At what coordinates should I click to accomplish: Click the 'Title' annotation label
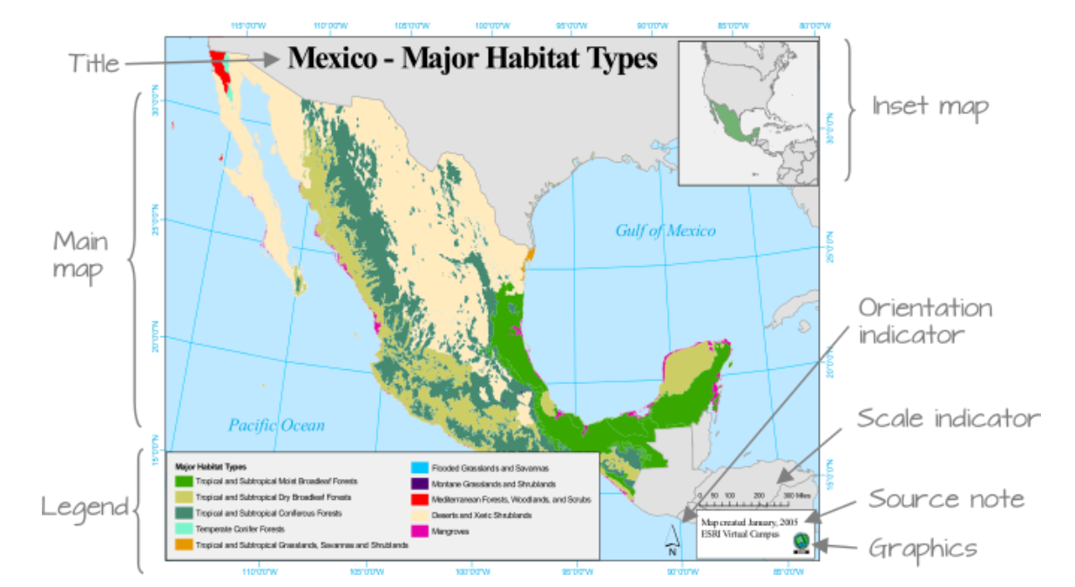(x=94, y=64)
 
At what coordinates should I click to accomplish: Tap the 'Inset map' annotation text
(x=930, y=107)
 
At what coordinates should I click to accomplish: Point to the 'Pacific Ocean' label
(x=276, y=425)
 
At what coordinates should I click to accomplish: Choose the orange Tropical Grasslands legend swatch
(x=184, y=545)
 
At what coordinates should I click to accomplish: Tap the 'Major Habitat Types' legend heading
(x=210, y=468)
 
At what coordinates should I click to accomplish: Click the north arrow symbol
(x=672, y=541)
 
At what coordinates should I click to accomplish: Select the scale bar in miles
(x=749, y=503)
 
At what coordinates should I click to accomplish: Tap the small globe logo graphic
(x=800, y=542)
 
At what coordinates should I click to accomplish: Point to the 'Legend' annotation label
(x=85, y=507)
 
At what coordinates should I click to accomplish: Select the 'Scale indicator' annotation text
(x=948, y=418)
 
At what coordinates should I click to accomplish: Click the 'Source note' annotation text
(x=946, y=500)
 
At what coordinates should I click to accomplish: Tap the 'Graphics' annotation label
(x=923, y=549)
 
